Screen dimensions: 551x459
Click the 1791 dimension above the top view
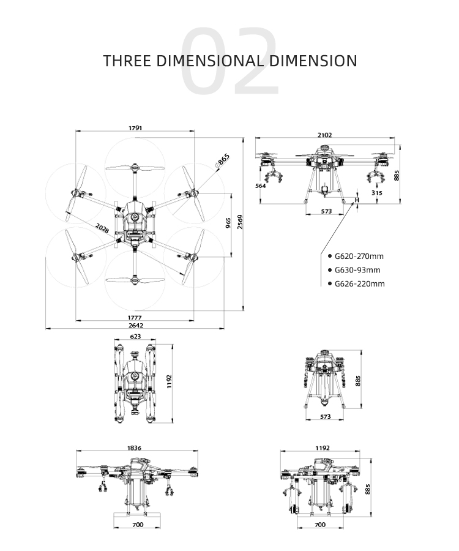pos(135,128)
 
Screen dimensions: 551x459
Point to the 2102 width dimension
pos(325,135)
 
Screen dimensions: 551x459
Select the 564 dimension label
pos(260,186)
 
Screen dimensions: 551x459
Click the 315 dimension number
pos(376,193)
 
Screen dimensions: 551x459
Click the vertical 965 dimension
pos(228,223)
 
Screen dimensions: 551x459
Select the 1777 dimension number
pos(135,317)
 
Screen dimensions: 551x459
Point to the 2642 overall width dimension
pos(135,326)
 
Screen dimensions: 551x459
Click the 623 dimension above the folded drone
pos(135,336)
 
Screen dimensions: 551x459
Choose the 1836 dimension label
pos(135,448)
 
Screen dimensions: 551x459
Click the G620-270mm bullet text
pos(356,256)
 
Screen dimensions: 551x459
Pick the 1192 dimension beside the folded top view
pos(170,381)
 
